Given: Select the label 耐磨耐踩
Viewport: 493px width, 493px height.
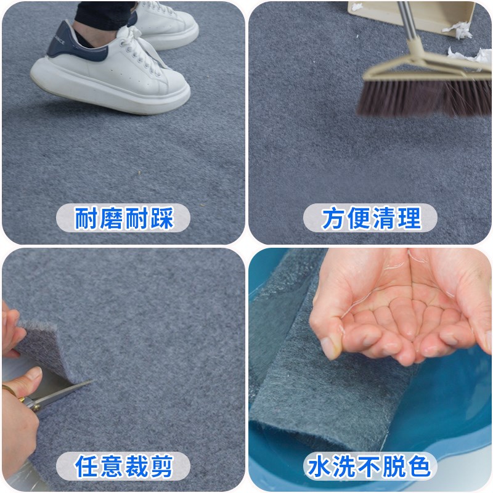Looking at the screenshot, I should point(124,218).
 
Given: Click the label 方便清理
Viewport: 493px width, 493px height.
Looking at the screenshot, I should point(370,218).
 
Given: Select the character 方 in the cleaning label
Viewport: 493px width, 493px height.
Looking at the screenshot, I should point(333,218).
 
